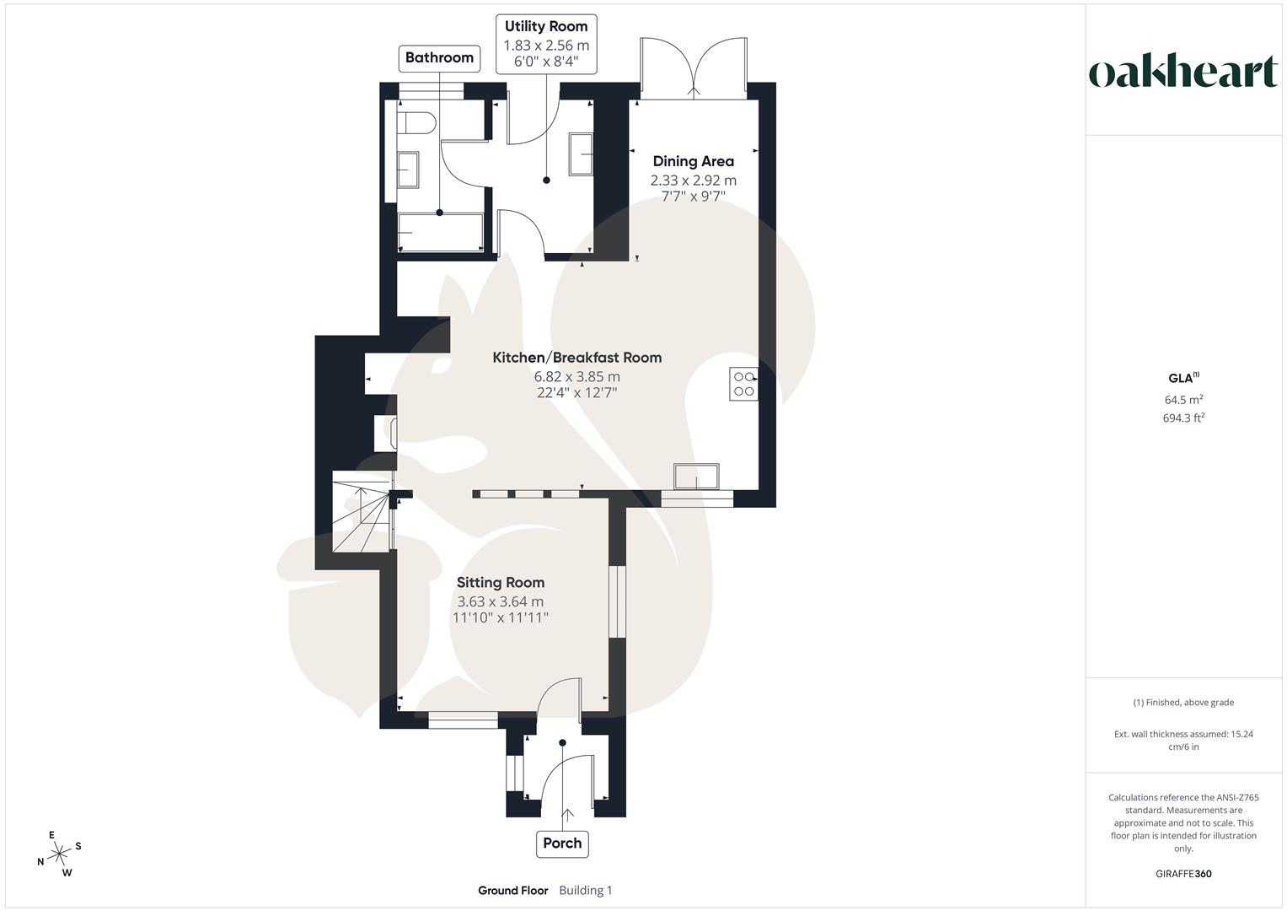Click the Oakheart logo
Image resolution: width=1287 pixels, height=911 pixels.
[x=1182, y=73]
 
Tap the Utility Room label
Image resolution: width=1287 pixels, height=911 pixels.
[x=546, y=27]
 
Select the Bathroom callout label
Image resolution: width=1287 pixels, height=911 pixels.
[x=439, y=57]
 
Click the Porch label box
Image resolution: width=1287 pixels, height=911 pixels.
[x=562, y=843]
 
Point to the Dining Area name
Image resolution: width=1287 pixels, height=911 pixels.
[x=693, y=161]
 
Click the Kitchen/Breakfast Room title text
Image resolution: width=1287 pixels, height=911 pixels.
[x=576, y=358]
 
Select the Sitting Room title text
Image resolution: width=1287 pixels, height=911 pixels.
[x=500, y=582]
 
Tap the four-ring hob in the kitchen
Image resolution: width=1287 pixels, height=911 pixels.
[x=743, y=384]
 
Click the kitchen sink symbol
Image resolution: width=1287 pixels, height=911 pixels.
[x=696, y=476]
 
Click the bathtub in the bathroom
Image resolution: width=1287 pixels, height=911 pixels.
[x=440, y=232]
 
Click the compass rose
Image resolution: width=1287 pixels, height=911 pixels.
[x=59, y=854]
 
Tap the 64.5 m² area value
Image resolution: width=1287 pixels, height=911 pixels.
[x=1183, y=400]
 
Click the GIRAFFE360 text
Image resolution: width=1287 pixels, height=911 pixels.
[x=1183, y=874]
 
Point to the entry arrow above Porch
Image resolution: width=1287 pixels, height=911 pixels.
[x=566, y=815]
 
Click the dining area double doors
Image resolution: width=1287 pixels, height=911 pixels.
[x=693, y=67]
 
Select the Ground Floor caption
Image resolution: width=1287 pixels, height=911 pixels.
[x=512, y=891]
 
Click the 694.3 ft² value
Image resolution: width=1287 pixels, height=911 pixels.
[x=1183, y=418]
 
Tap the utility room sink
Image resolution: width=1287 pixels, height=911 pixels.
[x=580, y=154]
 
